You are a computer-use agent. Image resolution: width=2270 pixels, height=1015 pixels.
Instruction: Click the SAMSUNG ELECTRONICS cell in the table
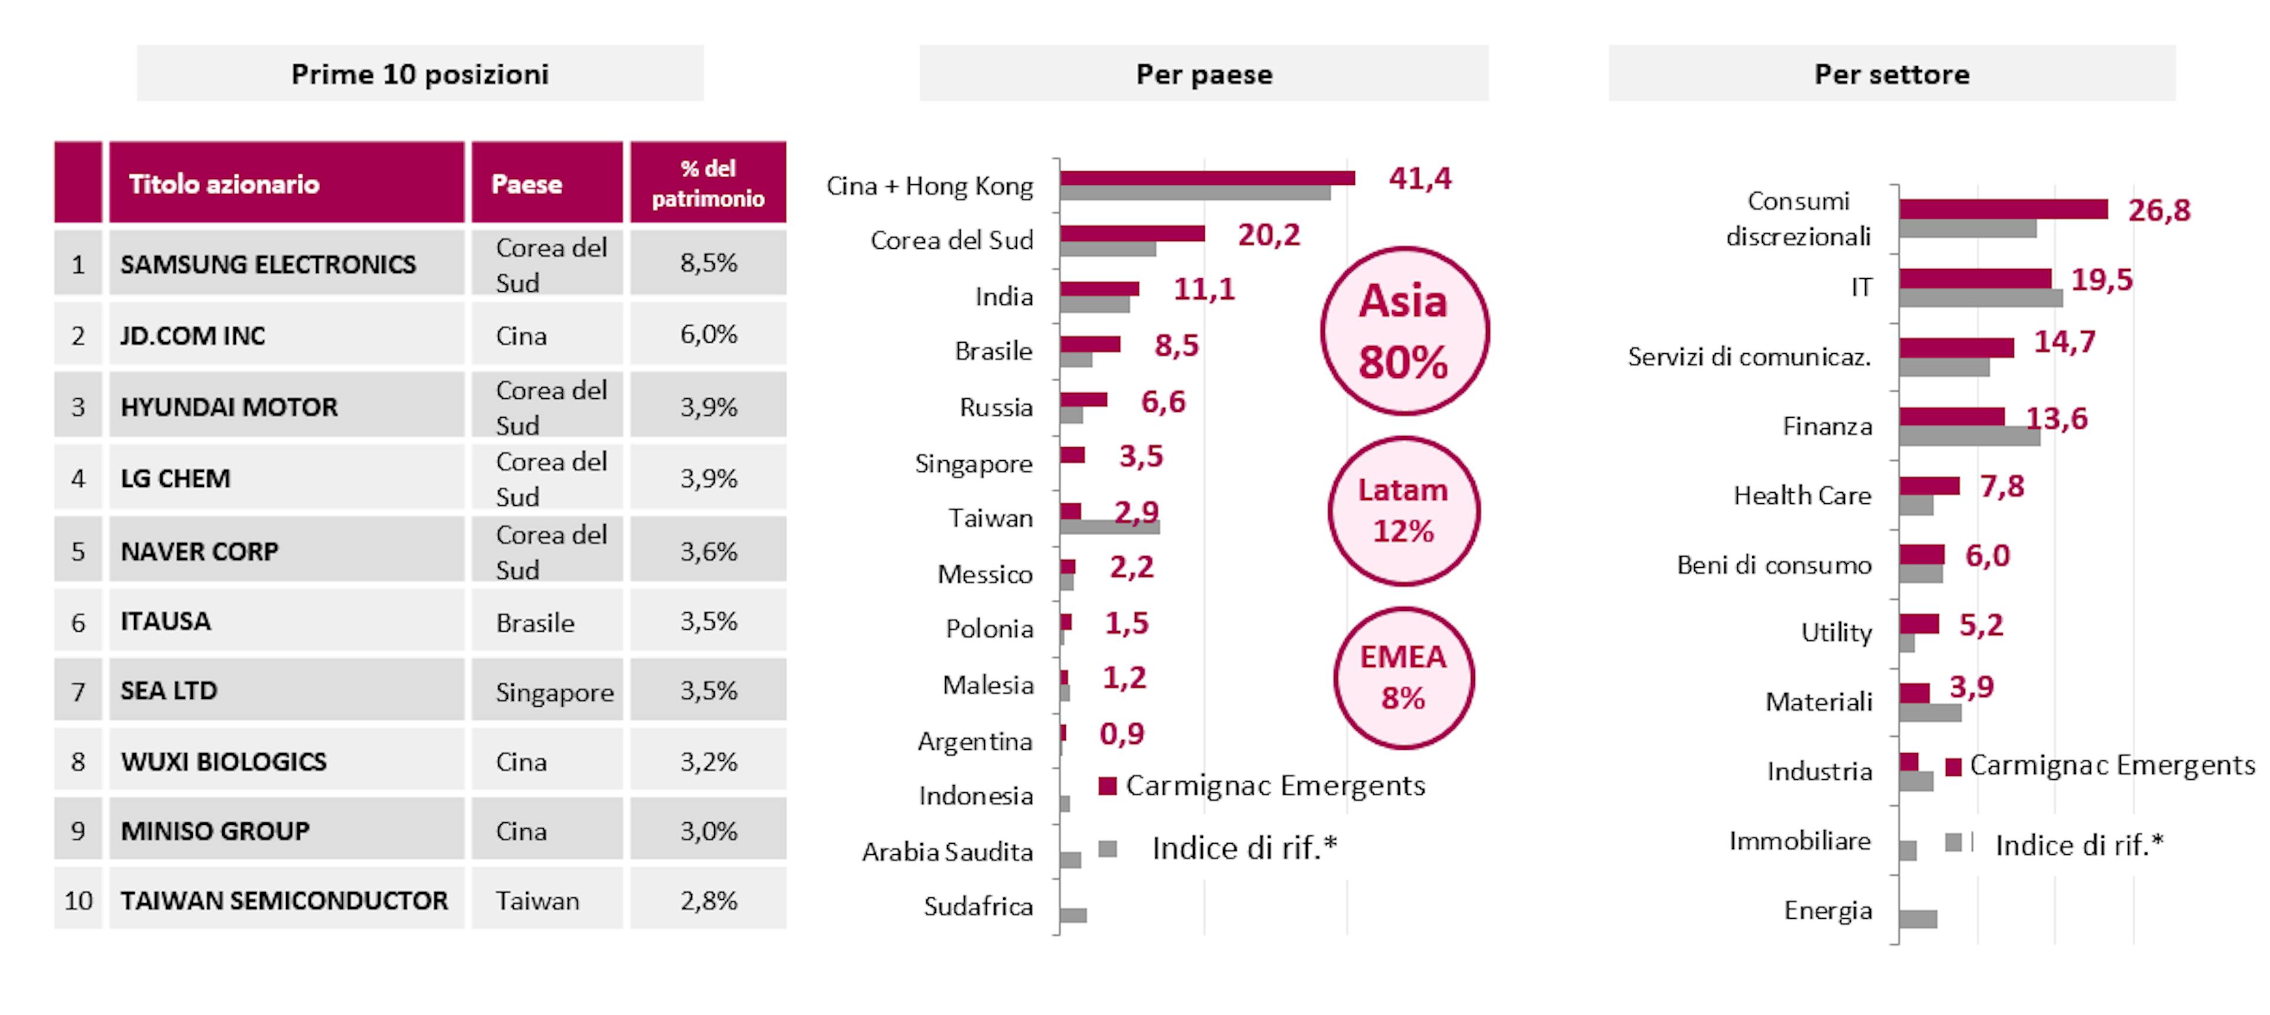pyautogui.click(x=268, y=263)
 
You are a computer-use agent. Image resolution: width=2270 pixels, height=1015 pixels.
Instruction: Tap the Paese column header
pyautogui.click(x=527, y=183)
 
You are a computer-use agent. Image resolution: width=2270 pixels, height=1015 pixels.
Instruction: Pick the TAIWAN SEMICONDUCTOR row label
pyautogui.click(x=284, y=900)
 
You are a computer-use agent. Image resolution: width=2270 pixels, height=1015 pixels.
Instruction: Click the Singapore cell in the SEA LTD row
pyautogui.click(x=554, y=692)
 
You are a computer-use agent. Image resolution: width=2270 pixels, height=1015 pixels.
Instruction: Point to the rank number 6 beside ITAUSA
pyautogui.click(x=79, y=622)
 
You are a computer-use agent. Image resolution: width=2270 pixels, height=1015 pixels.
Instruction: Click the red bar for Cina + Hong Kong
pyautogui.click(x=1207, y=178)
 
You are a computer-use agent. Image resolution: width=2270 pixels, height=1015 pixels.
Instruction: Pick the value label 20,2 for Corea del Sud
pyautogui.click(x=1268, y=235)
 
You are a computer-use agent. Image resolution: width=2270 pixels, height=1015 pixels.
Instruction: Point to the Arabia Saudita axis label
pyautogui.click(x=947, y=852)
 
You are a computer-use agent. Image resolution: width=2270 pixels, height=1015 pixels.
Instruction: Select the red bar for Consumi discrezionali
pyautogui.click(x=2002, y=209)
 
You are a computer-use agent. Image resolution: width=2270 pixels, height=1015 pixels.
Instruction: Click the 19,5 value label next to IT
pyautogui.click(x=2101, y=280)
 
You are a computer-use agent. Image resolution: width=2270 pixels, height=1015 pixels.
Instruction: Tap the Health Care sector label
pyautogui.click(x=1802, y=495)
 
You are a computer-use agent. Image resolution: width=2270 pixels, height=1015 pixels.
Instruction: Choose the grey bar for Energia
pyautogui.click(x=1918, y=919)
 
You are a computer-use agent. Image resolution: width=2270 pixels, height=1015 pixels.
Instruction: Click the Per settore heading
pyautogui.click(x=1891, y=74)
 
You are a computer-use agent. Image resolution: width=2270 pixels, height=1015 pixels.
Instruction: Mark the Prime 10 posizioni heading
pyautogui.click(x=420, y=74)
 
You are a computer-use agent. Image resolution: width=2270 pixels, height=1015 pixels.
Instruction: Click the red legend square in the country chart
pyautogui.click(x=1108, y=785)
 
